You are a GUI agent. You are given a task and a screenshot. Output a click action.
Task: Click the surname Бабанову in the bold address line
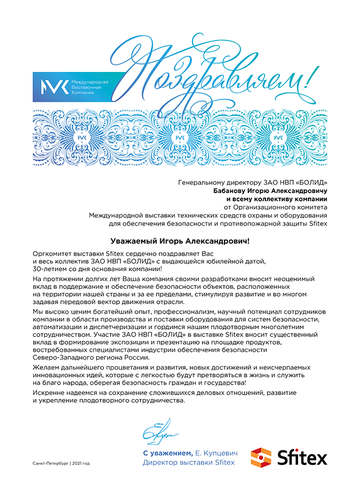(x=232, y=190)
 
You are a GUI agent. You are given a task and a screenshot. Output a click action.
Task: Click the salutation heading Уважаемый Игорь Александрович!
(x=180, y=241)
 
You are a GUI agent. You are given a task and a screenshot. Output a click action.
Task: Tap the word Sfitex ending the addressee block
(x=317, y=224)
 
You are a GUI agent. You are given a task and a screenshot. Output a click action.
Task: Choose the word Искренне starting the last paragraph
(x=51, y=392)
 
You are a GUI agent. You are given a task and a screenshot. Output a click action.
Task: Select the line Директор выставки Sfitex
(x=189, y=462)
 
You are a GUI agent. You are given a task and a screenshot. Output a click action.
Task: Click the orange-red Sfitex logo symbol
(x=261, y=458)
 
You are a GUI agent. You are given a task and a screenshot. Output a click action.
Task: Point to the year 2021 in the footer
(x=77, y=463)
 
